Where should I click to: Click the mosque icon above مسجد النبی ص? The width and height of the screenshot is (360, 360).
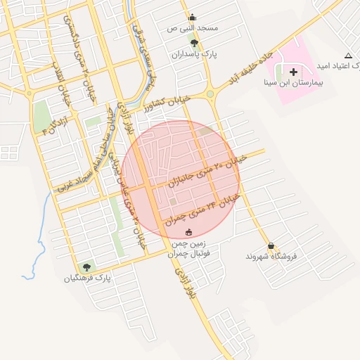pos(193,18)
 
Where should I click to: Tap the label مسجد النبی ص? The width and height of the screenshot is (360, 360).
pos(193,28)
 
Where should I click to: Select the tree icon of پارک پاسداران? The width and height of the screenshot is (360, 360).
pos(194,43)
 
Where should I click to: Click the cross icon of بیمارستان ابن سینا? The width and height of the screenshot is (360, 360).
pos(293,72)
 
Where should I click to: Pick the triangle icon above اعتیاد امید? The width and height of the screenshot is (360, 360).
pos(348,56)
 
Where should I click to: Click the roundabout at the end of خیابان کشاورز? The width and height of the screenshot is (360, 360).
pos(210,94)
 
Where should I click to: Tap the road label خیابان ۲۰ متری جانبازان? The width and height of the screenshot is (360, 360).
pos(205,172)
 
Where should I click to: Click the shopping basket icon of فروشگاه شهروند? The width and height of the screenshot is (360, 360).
pos(271,245)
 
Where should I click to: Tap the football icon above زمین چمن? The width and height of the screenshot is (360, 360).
pos(188,232)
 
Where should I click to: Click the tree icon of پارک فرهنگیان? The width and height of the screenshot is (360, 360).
pos(86,267)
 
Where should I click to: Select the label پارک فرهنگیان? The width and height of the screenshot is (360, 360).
pos(88,278)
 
